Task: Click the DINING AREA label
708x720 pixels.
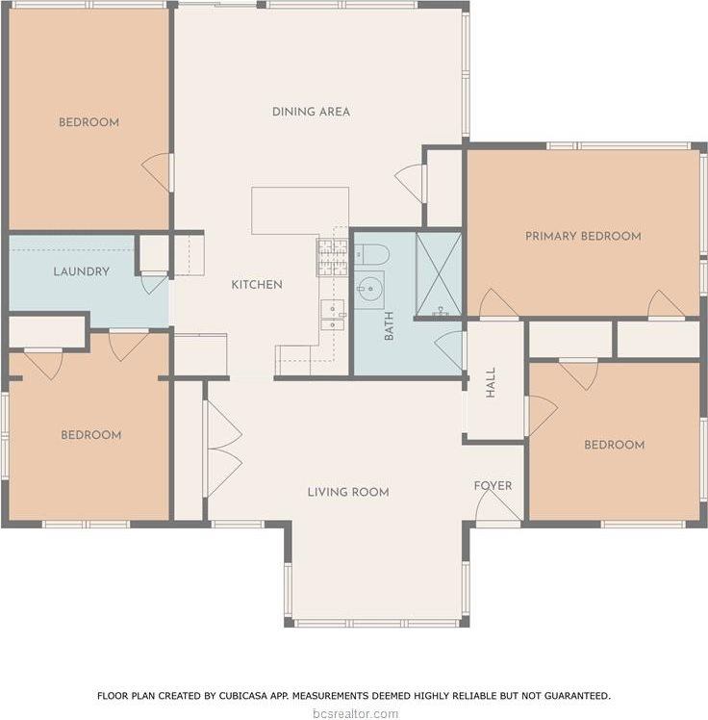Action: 311,112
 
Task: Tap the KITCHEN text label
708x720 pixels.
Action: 257,285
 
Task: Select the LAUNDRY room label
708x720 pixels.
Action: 81,271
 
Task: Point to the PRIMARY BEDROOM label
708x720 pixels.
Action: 583,236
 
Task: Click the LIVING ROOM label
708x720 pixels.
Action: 348,492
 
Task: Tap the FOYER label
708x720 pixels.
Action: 493,485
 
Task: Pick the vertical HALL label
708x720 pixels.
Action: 491,382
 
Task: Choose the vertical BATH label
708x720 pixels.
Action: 390,326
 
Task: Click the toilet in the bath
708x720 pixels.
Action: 371,254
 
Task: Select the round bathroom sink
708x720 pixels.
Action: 369,289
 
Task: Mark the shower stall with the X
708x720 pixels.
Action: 439,273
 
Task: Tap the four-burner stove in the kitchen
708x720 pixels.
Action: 333,258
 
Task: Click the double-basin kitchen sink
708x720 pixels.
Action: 333,314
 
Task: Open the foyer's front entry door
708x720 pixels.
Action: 498,504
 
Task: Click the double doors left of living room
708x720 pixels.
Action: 222,448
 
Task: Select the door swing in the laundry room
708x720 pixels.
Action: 154,283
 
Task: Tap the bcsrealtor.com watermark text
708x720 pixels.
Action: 354,713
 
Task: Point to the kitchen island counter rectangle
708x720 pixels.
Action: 300,210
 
